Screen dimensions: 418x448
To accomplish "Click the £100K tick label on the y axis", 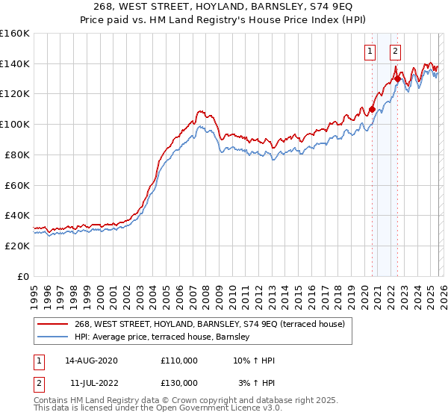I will point(15,124).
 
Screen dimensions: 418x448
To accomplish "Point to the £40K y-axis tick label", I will point(17,215).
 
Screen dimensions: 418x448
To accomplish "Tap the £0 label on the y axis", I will point(23,276).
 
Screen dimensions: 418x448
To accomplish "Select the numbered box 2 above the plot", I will point(394,52).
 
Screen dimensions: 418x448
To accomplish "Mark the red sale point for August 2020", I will point(372,109).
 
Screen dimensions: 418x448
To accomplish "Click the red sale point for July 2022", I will point(397,78).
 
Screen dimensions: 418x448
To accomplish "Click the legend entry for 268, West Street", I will point(209,325).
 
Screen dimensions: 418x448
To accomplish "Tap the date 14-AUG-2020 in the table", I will point(92,361).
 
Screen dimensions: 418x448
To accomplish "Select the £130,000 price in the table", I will point(178,382).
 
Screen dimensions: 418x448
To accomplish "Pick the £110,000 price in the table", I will point(178,361).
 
